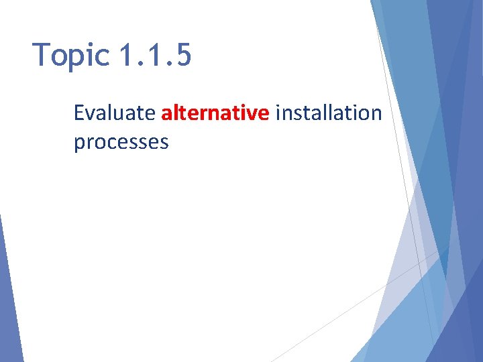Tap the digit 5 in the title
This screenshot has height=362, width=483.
click(182, 55)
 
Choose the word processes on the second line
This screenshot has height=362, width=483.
click(121, 143)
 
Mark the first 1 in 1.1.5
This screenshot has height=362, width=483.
click(125, 55)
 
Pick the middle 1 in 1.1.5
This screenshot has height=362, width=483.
click(154, 55)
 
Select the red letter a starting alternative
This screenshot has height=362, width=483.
click(166, 114)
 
